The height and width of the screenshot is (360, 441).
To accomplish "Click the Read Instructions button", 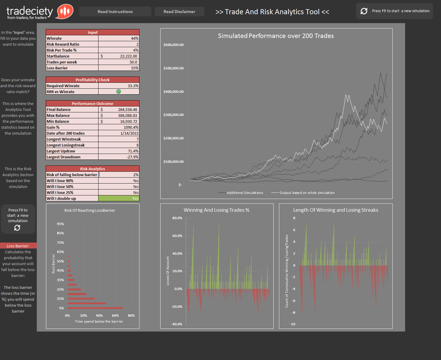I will point(115,11).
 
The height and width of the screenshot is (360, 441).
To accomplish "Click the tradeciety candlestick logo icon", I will point(65,11).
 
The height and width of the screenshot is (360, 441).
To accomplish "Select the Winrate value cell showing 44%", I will point(119,38).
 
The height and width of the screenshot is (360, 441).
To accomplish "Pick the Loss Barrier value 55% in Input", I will point(119,68).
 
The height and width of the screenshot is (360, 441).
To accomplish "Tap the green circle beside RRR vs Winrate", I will point(119,92).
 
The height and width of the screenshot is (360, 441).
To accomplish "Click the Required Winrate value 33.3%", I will point(119,86).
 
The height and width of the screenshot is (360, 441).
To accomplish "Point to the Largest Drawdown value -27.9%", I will point(119,157).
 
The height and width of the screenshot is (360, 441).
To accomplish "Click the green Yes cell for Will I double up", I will point(119,199).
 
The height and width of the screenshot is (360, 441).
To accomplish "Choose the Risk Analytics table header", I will point(92,169).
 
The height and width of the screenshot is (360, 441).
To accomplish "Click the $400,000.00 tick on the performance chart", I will point(174,92).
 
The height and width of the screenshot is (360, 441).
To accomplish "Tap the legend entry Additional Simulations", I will point(244,193).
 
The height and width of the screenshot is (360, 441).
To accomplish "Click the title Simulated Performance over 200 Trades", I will point(276,36).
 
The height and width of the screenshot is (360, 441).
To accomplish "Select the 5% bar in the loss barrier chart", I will point(95,308).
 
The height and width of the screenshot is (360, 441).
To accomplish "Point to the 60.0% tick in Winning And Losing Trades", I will point(177,236).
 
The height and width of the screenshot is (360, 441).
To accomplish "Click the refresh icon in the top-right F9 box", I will point(364,11).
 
